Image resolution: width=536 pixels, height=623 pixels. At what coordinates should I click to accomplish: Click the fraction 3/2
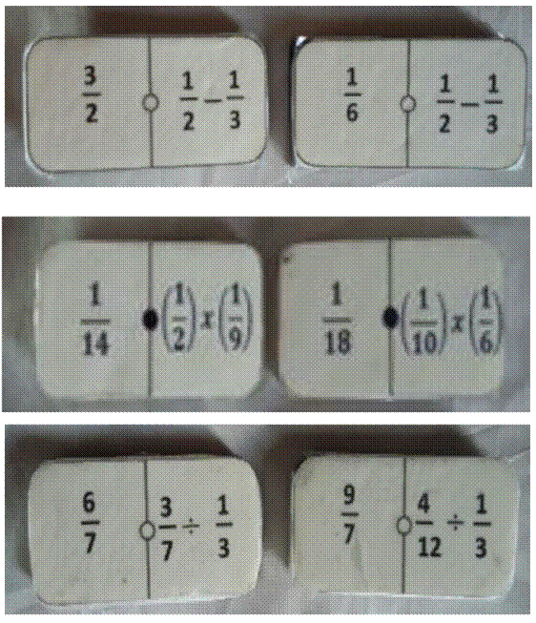[x=92, y=94]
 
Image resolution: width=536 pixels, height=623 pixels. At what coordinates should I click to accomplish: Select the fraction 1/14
[x=95, y=321]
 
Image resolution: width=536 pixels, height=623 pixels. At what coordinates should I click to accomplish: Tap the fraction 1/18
[x=337, y=320]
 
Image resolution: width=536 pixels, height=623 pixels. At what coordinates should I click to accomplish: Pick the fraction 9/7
[x=349, y=515]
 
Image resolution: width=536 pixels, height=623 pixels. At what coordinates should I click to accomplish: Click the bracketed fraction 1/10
[x=424, y=322]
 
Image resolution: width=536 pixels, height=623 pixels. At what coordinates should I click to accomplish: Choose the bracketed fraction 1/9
[x=236, y=321]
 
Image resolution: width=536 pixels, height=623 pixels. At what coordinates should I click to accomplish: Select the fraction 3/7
[x=167, y=528]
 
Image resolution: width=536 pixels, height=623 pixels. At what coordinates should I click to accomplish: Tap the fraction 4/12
[x=428, y=526]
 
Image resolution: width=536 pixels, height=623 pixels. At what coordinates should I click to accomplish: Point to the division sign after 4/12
[x=455, y=524]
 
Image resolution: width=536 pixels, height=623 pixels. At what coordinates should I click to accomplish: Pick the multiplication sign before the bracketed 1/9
[x=207, y=321]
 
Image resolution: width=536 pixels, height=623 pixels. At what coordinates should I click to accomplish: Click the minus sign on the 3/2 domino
[x=213, y=100]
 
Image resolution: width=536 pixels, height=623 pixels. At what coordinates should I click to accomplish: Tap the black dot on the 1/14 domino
[x=150, y=319]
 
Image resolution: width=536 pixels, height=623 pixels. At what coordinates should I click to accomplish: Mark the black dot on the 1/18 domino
[x=390, y=318]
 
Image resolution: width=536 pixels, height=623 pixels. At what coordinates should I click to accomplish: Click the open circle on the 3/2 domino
[x=150, y=103]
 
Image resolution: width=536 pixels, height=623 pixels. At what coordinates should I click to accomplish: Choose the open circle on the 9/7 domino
[x=403, y=525]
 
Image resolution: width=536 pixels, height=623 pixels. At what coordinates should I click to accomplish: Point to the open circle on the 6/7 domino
[x=147, y=530]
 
